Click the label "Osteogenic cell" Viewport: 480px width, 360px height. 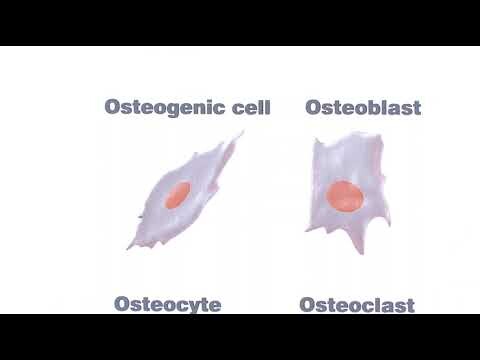(187, 108)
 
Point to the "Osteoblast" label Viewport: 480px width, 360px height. (363, 107)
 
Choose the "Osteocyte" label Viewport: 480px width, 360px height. (167, 303)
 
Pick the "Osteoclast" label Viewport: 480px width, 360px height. (357, 304)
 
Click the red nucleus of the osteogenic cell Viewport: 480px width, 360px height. (179, 195)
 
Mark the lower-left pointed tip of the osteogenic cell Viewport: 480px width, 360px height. (128, 248)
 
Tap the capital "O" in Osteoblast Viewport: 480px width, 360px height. (314, 107)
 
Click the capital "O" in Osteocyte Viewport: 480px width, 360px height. (123, 303)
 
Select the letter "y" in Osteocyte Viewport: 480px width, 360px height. (194, 306)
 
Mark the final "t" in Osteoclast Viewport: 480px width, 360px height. (410, 304)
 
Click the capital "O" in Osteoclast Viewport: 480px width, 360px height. (308, 304)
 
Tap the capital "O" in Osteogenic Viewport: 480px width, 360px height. (113, 108)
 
